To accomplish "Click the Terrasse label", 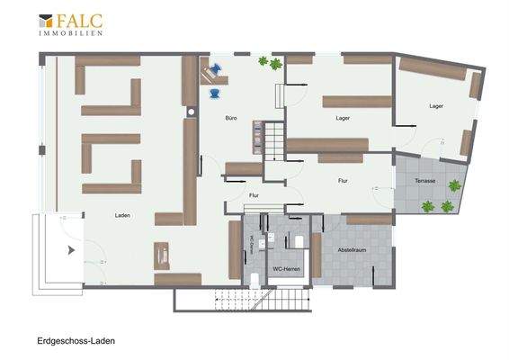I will click(425, 181).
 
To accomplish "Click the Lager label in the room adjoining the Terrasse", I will click(436, 106).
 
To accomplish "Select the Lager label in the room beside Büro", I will click(343, 118).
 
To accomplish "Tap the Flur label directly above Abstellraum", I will click(343, 181).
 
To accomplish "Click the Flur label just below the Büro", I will click(254, 193).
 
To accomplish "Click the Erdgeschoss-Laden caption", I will click(76, 342).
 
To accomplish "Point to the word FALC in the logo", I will click(79, 20).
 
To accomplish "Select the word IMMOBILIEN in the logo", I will click(70, 32).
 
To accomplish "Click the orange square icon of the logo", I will click(45, 20).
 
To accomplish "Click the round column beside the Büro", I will click(192, 112).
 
